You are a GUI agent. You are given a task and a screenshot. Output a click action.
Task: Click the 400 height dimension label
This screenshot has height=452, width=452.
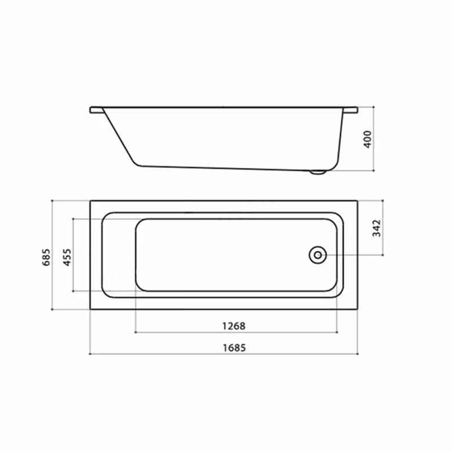(x=367, y=138)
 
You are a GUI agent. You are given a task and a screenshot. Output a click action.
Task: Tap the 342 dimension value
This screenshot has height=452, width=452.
(x=377, y=228)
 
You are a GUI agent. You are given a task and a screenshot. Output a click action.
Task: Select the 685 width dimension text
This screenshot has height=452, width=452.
(x=47, y=255)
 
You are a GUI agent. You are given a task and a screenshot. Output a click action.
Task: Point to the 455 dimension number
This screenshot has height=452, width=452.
(x=67, y=256)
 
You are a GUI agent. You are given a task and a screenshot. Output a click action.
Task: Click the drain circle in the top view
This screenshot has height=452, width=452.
(x=317, y=255)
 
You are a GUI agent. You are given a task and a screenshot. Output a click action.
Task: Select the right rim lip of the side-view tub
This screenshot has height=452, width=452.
(x=351, y=109)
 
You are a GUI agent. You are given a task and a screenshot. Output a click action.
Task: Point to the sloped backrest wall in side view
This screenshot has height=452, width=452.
(x=120, y=138)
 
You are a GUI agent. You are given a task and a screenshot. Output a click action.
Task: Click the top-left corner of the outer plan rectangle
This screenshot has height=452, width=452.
(x=90, y=201)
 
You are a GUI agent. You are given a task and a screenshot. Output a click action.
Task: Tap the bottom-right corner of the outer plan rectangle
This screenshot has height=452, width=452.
(x=357, y=309)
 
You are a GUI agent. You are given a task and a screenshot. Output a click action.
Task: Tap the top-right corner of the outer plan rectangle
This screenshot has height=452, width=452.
(x=357, y=201)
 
